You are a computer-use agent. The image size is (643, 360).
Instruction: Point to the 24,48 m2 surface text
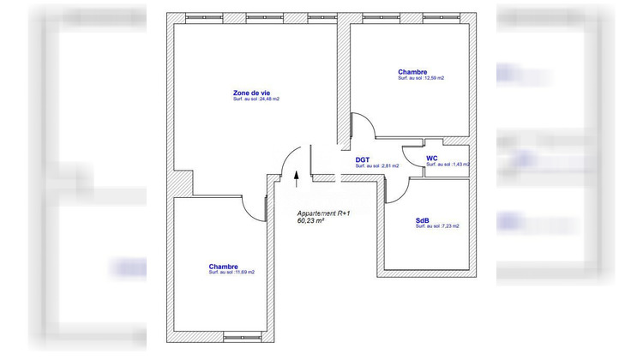pos(256,99)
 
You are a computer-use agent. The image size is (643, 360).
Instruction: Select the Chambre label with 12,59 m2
pos(412,71)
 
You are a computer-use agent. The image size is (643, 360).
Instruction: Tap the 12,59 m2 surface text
pos(421,78)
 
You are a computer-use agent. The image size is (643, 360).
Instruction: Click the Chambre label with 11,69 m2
pos(223,267)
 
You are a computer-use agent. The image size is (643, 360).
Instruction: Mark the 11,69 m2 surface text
pos(231,273)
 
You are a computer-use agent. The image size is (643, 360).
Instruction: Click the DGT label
pos(363,159)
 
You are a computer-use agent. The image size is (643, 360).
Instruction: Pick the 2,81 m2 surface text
pos(376,166)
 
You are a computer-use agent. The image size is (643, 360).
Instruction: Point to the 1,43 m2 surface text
pos(448,165)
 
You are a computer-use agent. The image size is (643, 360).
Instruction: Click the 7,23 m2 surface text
pos(436,226)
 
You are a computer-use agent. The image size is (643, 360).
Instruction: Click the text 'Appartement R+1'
pos(323,213)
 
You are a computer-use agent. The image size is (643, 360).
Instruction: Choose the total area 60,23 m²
pos(310,221)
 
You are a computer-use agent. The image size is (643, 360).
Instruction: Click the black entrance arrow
pos(297,177)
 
